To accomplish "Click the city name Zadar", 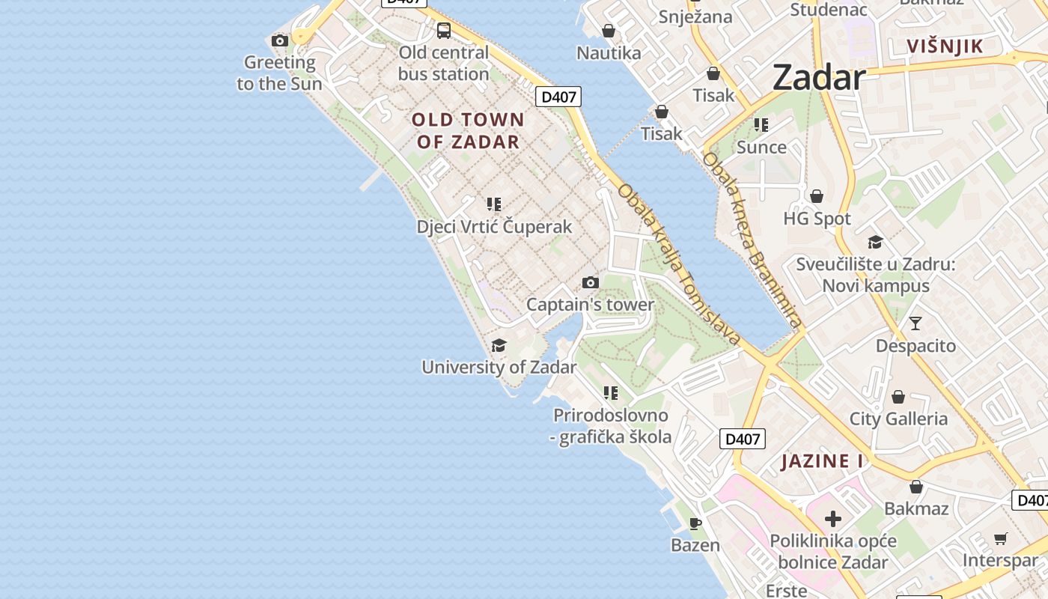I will click(x=818, y=76).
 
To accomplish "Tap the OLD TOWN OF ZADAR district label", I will click(x=468, y=130).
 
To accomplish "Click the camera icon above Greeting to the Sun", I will click(x=280, y=40).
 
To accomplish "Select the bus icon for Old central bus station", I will click(x=444, y=31).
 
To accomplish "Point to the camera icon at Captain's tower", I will click(x=591, y=282).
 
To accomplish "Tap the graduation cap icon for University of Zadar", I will click(x=499, y=345).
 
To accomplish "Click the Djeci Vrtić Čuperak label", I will click(x=494, y=226).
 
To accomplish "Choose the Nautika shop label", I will click(x=609, y=52).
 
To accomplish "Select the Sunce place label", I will click(x=761, y=147).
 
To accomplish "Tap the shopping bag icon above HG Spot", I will click(x=817, y=196).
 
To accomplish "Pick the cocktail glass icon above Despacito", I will click(x=916, y=323).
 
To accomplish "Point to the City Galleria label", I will click(x=898, y=419).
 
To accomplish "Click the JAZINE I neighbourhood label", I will click(x=822, y=460).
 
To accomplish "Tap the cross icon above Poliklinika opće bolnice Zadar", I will click(x=833, y=518).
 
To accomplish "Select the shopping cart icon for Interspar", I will click(x=1001, y=538).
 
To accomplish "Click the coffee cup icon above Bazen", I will click(x=695, y=523).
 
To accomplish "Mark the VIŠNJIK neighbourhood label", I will click(x=945, y=46).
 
